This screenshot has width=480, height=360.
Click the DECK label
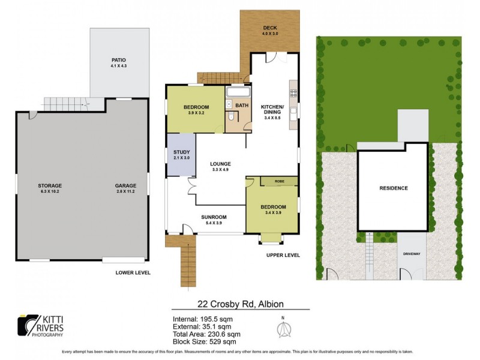[x=270, y=28]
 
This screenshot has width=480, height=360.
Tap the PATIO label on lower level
[x=118, y=60]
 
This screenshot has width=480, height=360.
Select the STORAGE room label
[x=50, y=185]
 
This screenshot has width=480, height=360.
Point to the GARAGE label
[x=126, y=185]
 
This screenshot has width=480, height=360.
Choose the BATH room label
[x=242, y=106]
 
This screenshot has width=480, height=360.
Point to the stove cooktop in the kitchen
[x=294, y=93]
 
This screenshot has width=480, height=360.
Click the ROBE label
[x=280, y=181]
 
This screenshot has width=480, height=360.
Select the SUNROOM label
[x=214, y=217]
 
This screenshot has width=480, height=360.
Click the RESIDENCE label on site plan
[x=393, y=188]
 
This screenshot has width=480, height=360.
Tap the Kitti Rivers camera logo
[x=27, y=325]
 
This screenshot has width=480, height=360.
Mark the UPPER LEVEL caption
[x=283, y=255]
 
